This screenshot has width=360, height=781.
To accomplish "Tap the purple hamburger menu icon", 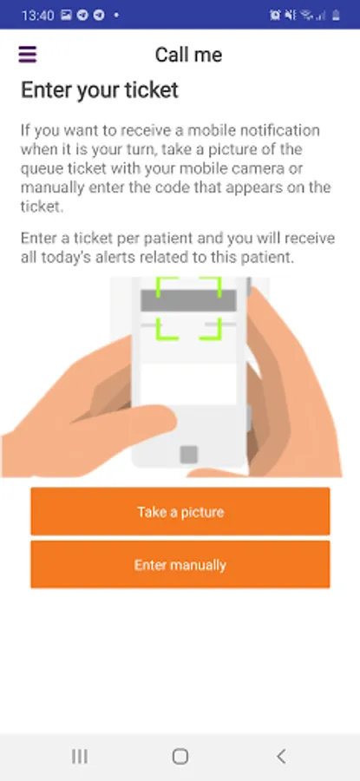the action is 28,55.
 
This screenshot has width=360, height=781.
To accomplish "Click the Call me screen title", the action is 188,55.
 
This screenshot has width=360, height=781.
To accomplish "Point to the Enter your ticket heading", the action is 100,90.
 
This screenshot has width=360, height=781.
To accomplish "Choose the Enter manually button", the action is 180,565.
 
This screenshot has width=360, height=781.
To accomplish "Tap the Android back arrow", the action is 281,756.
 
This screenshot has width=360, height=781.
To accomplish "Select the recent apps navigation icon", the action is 80,756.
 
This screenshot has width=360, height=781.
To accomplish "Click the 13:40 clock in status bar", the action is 38,15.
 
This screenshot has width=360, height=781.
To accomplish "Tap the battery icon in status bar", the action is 336,15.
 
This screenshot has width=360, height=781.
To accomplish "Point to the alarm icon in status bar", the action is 275,15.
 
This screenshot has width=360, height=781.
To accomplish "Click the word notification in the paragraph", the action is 280,130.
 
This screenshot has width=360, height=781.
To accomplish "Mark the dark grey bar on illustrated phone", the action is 189,300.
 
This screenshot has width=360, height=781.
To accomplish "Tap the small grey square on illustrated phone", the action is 189,454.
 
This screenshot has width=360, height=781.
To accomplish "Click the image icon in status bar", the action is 66,15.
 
